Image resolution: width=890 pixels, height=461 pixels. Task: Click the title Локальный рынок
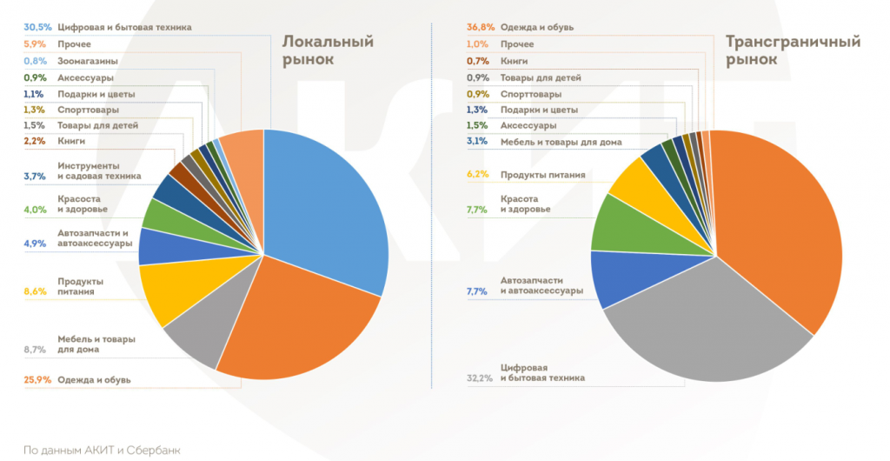pyautogui.click(x=328, y=50)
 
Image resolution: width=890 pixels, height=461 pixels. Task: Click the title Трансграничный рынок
pyautogui.click(x=793, y=50)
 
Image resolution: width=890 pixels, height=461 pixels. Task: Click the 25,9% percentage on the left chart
pyautogui.click(x=37, y=379)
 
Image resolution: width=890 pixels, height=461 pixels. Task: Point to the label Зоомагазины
pyautogui.click(x=88, y=61)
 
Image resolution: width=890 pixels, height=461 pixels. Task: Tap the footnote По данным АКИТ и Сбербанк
pyautogui.click(x=103, y=450)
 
